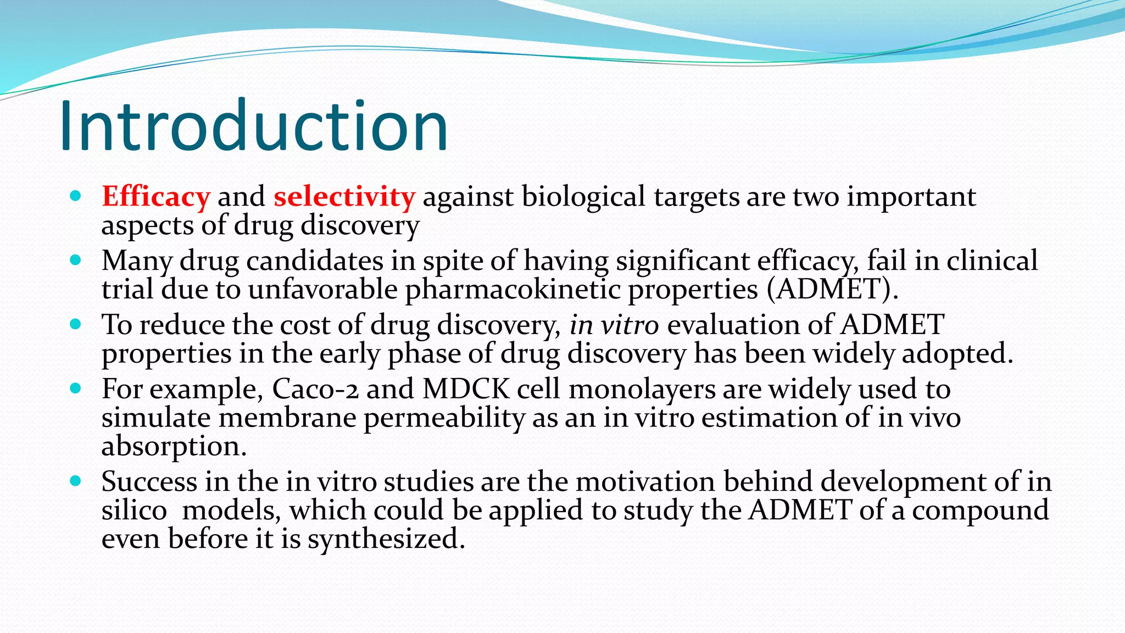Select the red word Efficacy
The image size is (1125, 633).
(x=156, y=197)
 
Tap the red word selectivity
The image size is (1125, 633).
(x=344, y=197)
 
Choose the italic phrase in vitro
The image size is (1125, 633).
(x=614, y=325)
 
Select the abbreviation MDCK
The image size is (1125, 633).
(x=466, y=389)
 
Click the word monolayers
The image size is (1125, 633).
(x=642, y=389)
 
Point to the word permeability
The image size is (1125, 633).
(x=444, y=418)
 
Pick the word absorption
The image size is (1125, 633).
(x=174, y=446)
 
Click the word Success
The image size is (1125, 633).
(x=149, y=482)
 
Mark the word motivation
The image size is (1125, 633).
(x=645, y=482)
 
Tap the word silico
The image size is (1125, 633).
(x=134, y=510)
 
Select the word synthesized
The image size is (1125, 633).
(x=386, y=539)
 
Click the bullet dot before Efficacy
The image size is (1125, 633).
(x=76, y=196)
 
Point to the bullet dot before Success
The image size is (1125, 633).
(x=76, y=481)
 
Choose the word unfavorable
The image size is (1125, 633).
(x=323, y=290)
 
